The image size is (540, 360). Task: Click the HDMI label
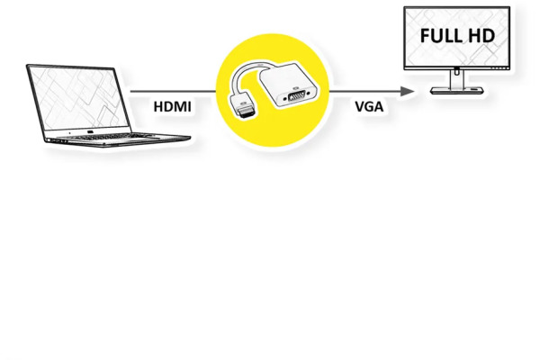[172, 107]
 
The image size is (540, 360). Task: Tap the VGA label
[369, 107]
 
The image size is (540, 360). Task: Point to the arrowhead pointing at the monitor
[408, 91]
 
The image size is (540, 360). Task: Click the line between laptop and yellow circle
[173, 91]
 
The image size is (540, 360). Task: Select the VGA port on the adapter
[296, 96]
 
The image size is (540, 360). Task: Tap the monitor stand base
[457, 91]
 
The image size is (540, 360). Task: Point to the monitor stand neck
[457, 78]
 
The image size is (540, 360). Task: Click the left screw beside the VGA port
[284, 99]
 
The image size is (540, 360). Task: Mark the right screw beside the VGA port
[308, 93]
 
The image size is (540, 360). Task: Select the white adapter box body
[289, 85]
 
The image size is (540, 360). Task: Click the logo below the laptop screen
[90, 132]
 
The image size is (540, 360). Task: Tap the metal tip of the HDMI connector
[247, 113]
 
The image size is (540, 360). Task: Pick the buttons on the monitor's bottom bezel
[499, 68]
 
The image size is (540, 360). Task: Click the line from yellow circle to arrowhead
[365, 91]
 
